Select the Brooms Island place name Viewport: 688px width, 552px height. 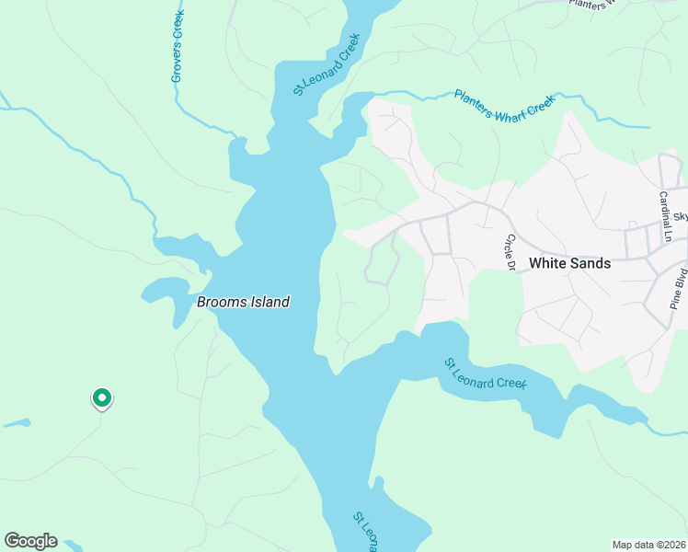pos(244,302)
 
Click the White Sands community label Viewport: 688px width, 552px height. pos(569,263)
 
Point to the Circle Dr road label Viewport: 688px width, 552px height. pos(507,252)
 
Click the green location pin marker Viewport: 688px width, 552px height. pos(101,398)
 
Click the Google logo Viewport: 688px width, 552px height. pos(30,541)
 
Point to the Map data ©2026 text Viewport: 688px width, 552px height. pos(648,545)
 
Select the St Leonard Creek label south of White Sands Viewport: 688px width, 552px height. pos(486,374)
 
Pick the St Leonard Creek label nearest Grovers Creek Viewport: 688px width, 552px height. pos(326,64)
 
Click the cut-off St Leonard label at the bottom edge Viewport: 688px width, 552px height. pos(364,533)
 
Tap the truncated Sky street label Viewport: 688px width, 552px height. pos(681,217)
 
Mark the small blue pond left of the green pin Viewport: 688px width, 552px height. pos(16,424)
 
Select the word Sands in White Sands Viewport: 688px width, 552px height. pos(590,263)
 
